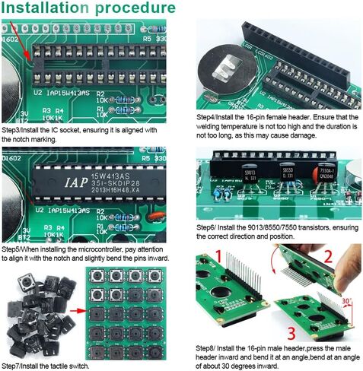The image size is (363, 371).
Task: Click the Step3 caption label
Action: [x=12, y=130]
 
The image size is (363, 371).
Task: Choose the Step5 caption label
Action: [x=12, y=249]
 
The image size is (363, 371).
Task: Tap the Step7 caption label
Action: [x=12, y=366]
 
